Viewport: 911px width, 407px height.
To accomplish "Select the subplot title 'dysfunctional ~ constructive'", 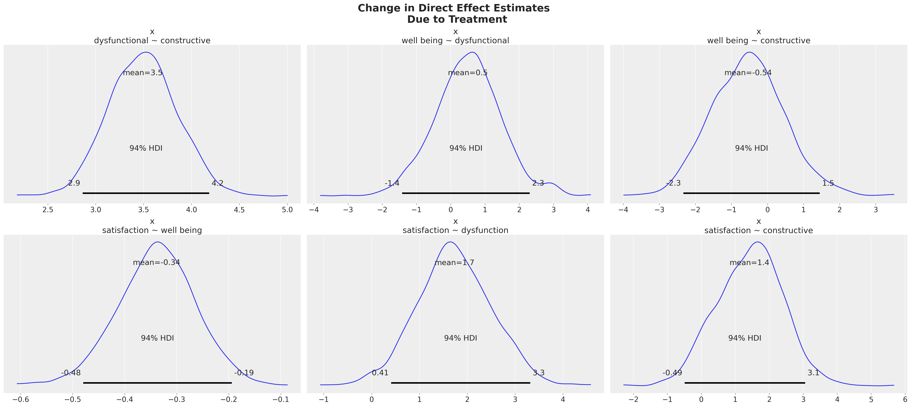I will pyautogui.click(x=152, y=41).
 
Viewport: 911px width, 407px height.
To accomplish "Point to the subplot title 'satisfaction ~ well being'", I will pyautogui.click(x=152, y=231).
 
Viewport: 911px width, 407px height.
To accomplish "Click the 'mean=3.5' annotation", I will pyautogui.click(x=143, y=73).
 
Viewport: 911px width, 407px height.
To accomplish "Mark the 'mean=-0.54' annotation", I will pyautogui.click(x=748, y=73).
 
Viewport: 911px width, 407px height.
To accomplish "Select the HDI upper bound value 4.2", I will pyautogui.click(x=218, y=183).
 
